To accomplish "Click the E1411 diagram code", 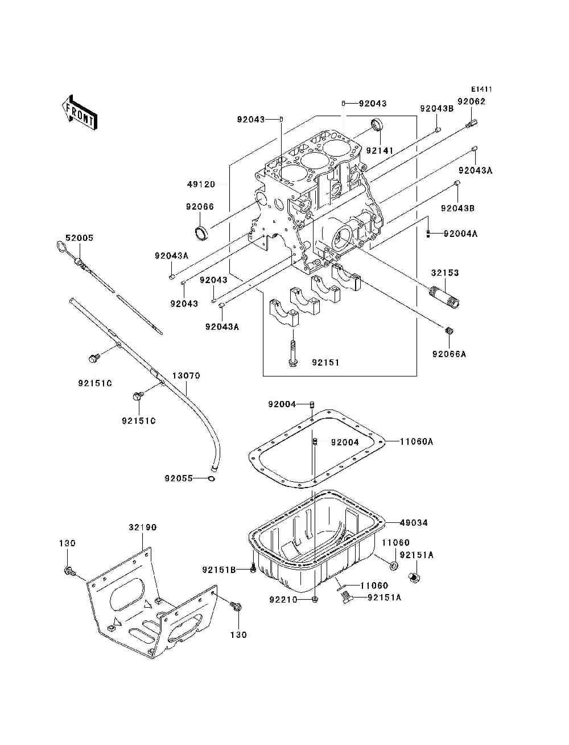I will click(x=481, y=89).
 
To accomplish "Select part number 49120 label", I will click(x=201, y=185).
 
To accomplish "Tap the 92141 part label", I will click(x=380, y=150).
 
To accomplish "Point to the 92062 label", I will click(x=472, y=101).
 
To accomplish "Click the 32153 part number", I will click(x=444, y=273).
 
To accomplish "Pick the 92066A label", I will click(x=449, y=354).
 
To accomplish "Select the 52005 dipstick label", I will click(x=79, y=238).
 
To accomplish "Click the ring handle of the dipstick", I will click(x=61, y=247).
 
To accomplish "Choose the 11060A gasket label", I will click(x=416, y=441).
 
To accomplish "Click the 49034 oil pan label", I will click(x=414, y=523).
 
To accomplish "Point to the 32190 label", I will click(x=142, y=527).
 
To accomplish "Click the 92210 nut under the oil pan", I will click(x=315, y=599).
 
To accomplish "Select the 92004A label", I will click(x=460, y=234).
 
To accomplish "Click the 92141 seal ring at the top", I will click(x=377, y=125).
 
